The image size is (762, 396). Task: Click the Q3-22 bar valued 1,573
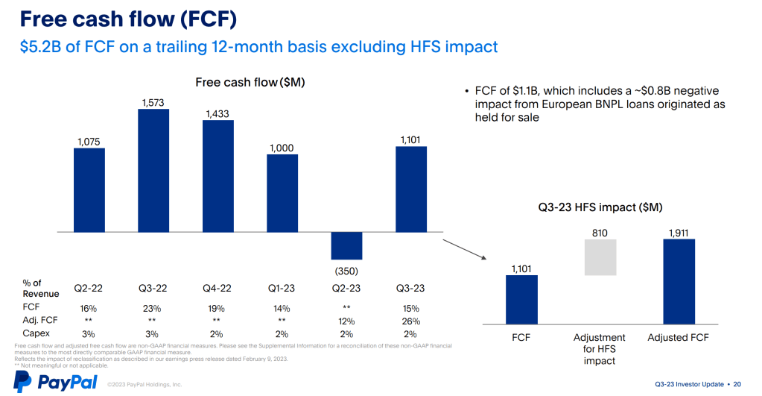tap(153, 171)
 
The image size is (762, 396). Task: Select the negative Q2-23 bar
tap(346, 245)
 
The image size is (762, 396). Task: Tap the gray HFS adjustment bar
tap(600, 257)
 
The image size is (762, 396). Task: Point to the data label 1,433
tap(218, 114)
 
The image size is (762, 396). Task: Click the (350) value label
tap(346, 271)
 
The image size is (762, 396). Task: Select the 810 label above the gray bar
tap(600, 233)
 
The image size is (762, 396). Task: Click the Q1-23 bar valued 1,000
tap(282, 193)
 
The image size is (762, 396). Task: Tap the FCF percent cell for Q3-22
tap(153, 308)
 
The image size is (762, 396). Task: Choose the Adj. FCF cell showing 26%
tap(410, 321)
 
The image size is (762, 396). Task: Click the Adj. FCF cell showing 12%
tap(346, 321)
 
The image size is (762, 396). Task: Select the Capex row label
tap(35, 333)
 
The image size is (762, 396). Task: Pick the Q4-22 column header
tap(218, 288)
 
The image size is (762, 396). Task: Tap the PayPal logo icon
tap(23, 381)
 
